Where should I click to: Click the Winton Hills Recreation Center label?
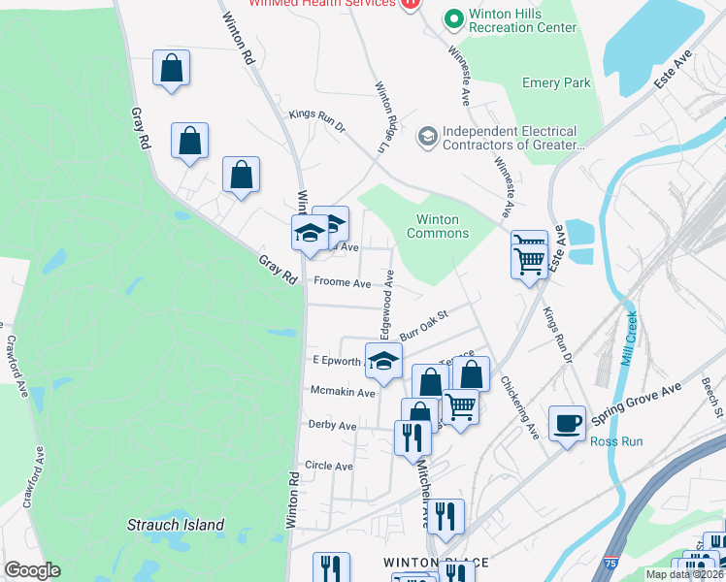[x=509, y=21]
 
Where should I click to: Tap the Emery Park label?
[x=556, y=83]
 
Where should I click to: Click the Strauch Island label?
[x=176, y=526]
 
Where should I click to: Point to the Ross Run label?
[x=616, y=441]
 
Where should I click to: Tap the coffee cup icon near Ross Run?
[x=567, y=423]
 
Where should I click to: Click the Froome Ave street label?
[x=342, y=284]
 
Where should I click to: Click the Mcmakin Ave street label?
[x=342, y=393]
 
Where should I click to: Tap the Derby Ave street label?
[x=332, y=425]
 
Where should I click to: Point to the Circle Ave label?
[x=330, y=466]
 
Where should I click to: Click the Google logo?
[x=32, y=570]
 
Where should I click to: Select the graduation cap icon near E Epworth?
[x=383, y=360]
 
